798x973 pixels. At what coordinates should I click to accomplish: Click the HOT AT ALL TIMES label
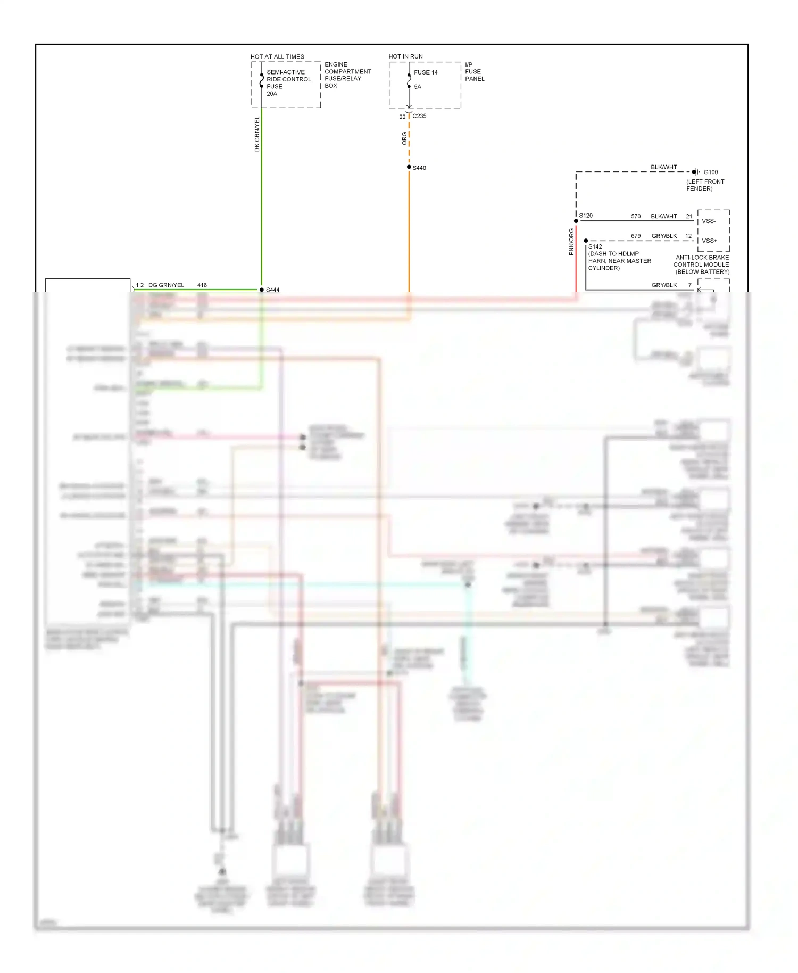pos(277,56)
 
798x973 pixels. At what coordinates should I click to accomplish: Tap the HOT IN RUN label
pos(405,56)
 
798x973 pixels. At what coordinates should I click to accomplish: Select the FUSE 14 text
pos(426,72)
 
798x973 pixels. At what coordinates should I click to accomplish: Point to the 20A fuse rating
pos(272,94)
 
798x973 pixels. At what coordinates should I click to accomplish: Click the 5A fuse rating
pos(418,87)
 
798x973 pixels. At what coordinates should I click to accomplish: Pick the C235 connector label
pos(419,116)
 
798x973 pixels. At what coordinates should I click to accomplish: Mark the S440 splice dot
pos(409,167)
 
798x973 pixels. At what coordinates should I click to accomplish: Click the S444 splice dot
pos(262,290)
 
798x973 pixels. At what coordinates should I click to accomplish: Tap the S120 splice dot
pos(576,221)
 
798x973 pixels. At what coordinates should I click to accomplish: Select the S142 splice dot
pos(586,241)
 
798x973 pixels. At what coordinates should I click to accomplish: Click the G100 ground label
pos(711,172)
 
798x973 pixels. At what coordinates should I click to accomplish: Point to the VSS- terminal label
pos(709,221)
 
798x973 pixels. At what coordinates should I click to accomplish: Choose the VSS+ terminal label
pos(709,241)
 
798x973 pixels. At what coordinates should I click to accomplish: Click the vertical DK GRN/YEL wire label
pos(257,134)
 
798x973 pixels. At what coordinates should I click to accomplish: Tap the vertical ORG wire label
pos(404,138)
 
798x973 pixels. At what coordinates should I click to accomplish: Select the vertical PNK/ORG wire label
pos(571,242)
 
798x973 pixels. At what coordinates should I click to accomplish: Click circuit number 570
pos(636,216)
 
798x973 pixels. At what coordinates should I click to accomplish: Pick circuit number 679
pos(636,236)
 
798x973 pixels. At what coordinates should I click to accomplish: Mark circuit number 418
pos(202,285)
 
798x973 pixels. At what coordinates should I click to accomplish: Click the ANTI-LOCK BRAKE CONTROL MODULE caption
pos(702,265)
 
